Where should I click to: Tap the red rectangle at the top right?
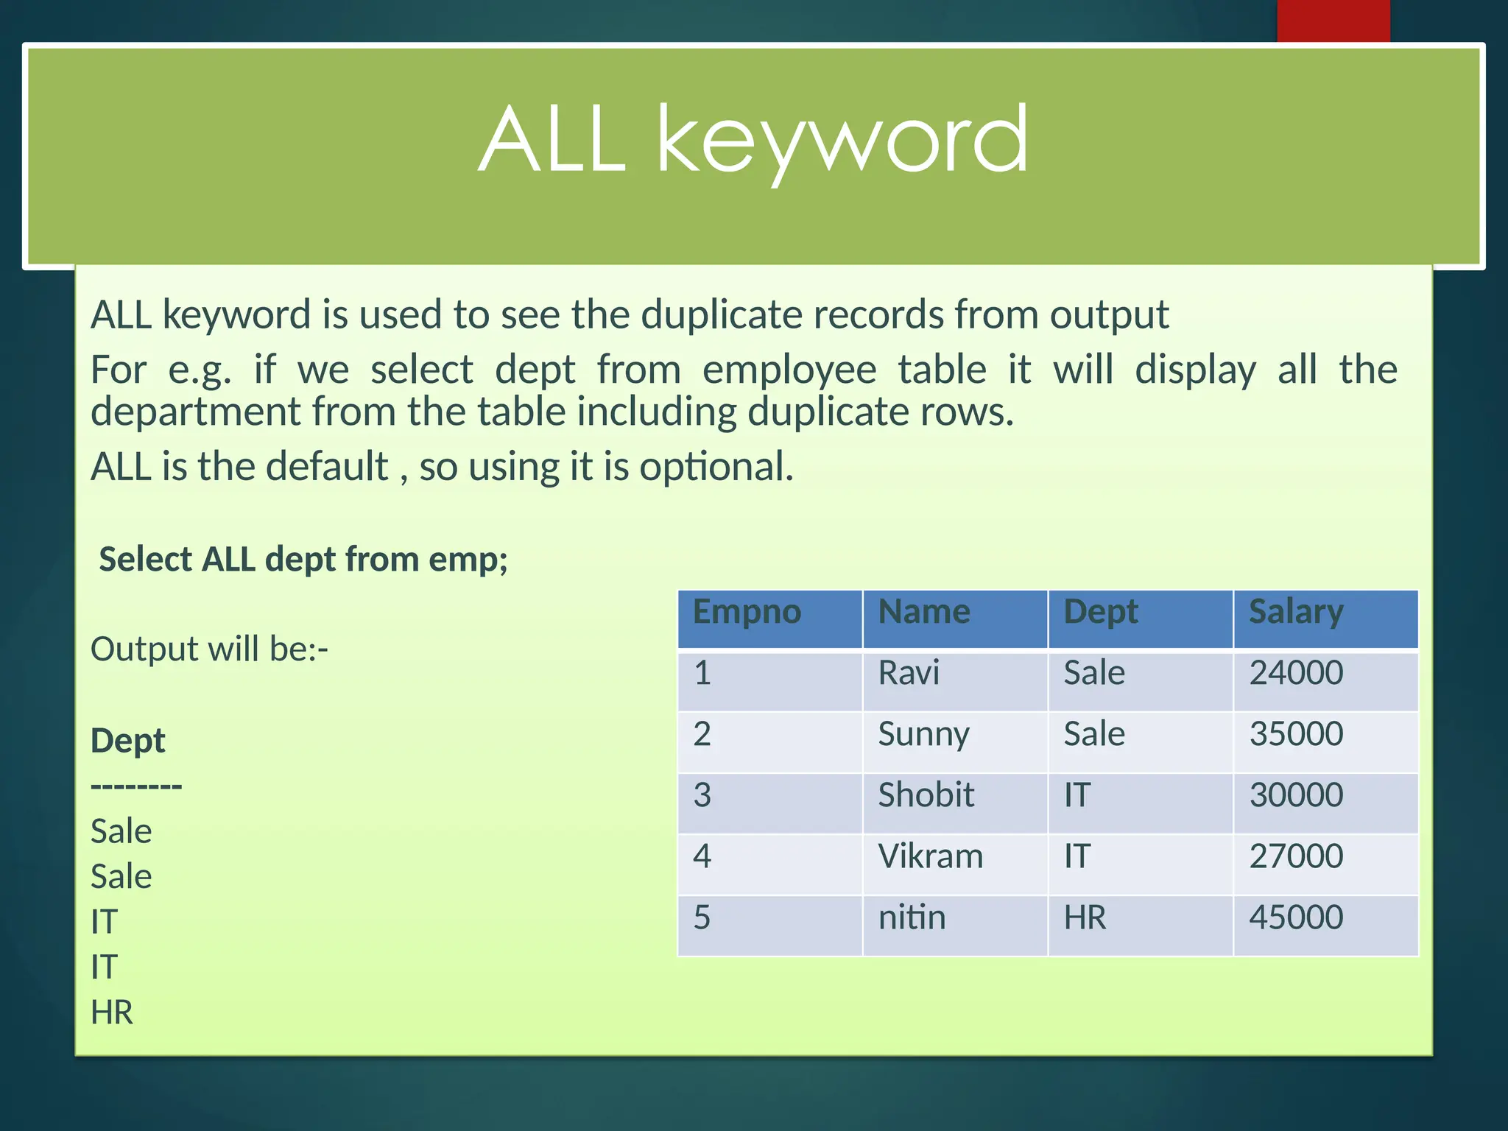click(1333, 21)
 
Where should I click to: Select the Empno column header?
click(747, 612)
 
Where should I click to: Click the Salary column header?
click(1296, 612)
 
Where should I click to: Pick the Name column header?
click(924, 612)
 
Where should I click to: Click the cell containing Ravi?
click(909, 673)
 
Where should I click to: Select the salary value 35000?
click(1296, 734)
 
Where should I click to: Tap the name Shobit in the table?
click(926, 795)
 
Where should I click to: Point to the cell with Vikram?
click(930, 856)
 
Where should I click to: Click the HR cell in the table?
click(1085, 917)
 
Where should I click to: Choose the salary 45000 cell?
click(1296, 917)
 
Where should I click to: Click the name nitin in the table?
click(912, 917)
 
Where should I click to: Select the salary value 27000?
click(1296, 856)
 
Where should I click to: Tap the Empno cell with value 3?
click(702, 795)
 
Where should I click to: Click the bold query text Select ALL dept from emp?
click(303, 560)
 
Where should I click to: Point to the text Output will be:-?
click(209, 649)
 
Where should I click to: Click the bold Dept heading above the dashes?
click(127, 741)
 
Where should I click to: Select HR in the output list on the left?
click(112, 1012)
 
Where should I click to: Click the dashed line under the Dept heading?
click(136, 786)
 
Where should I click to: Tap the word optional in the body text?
click(716, 467)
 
